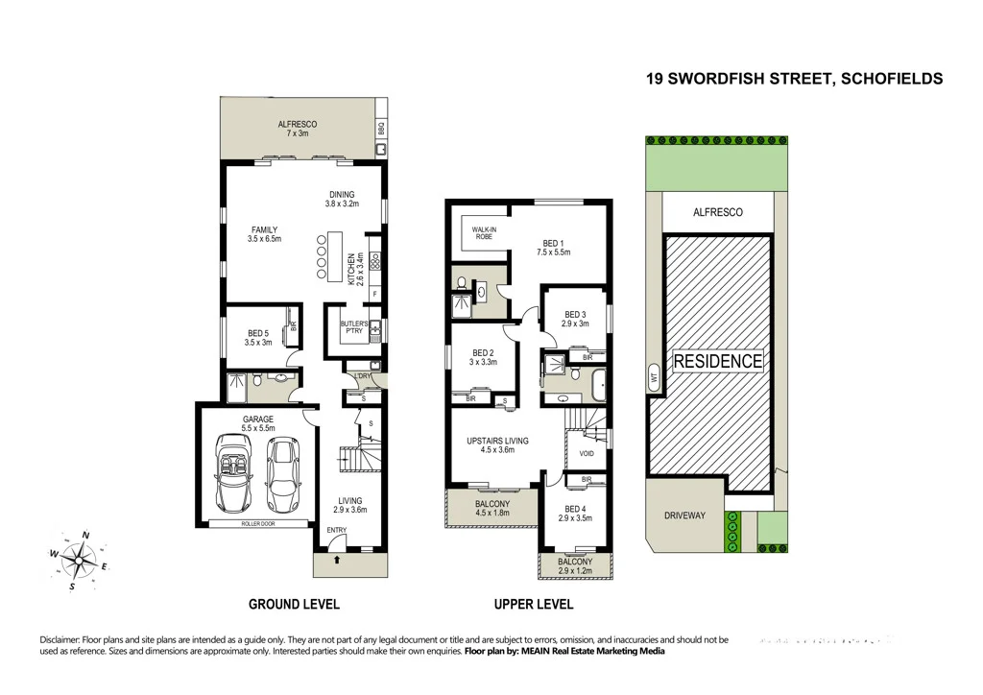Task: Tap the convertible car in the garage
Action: [x=234, y=472]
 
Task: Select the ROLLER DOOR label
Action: [x=256, y=524]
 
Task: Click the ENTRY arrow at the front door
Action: [x=337, y=556]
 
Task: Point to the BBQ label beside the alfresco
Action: [x=380, y=126]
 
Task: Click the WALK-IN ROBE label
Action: [x=483, y=232]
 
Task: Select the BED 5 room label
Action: [x=259, y=337]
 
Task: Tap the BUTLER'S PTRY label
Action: [x=353, y=328]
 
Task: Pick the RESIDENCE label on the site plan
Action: [x=717, y=362]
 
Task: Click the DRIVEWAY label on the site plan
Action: [x=684, y=515]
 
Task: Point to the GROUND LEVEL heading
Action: [x=294, y=605]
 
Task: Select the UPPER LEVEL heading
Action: [x=534, y=605]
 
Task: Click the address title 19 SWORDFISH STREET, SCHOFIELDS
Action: [x=795, y=80]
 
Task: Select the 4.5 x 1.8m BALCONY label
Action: [x=492, y=508]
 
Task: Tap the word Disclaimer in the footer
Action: [x=63, y=639]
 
